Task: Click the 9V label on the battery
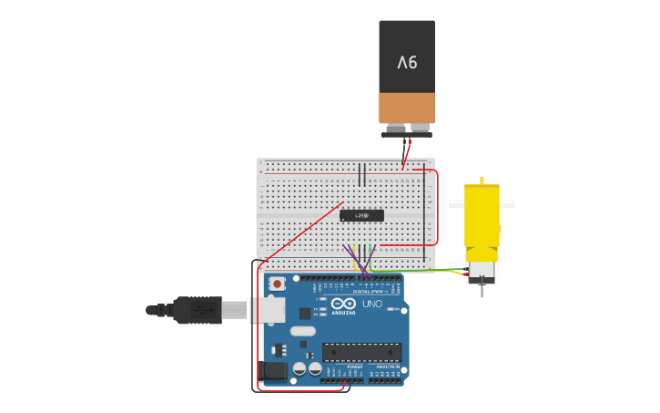coord(407,62)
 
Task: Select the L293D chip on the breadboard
coord(361,215)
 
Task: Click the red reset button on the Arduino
coord(276,284)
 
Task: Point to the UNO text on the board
coord(372,304)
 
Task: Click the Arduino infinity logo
coord(344,304)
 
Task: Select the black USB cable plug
coord(197,310)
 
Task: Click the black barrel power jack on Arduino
coord(273,370)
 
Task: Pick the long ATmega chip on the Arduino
coord(361,352)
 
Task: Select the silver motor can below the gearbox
coord(482,271)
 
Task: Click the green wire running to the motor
coord(428,271)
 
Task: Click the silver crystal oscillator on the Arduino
coord(303,331)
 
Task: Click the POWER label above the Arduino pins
coord(354,367)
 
